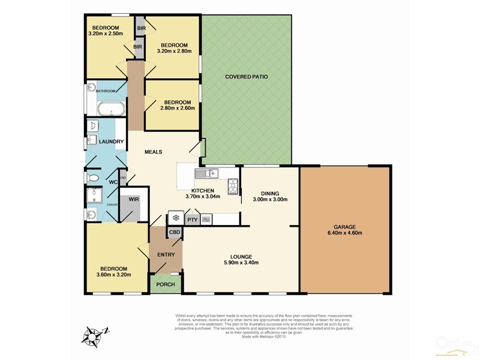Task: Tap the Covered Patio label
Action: (246, 77)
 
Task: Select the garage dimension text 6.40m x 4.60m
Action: (344, 233)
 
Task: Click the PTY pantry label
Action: (192, 220)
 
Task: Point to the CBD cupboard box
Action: (175, 232)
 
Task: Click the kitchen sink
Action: (206, 173)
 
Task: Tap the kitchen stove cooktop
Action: (232, 185)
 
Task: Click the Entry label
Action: (166, 255)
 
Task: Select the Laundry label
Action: (112, 142)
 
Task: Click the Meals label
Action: (154, 152)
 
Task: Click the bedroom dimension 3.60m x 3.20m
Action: (113, 274)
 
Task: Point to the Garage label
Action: (344, 226)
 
